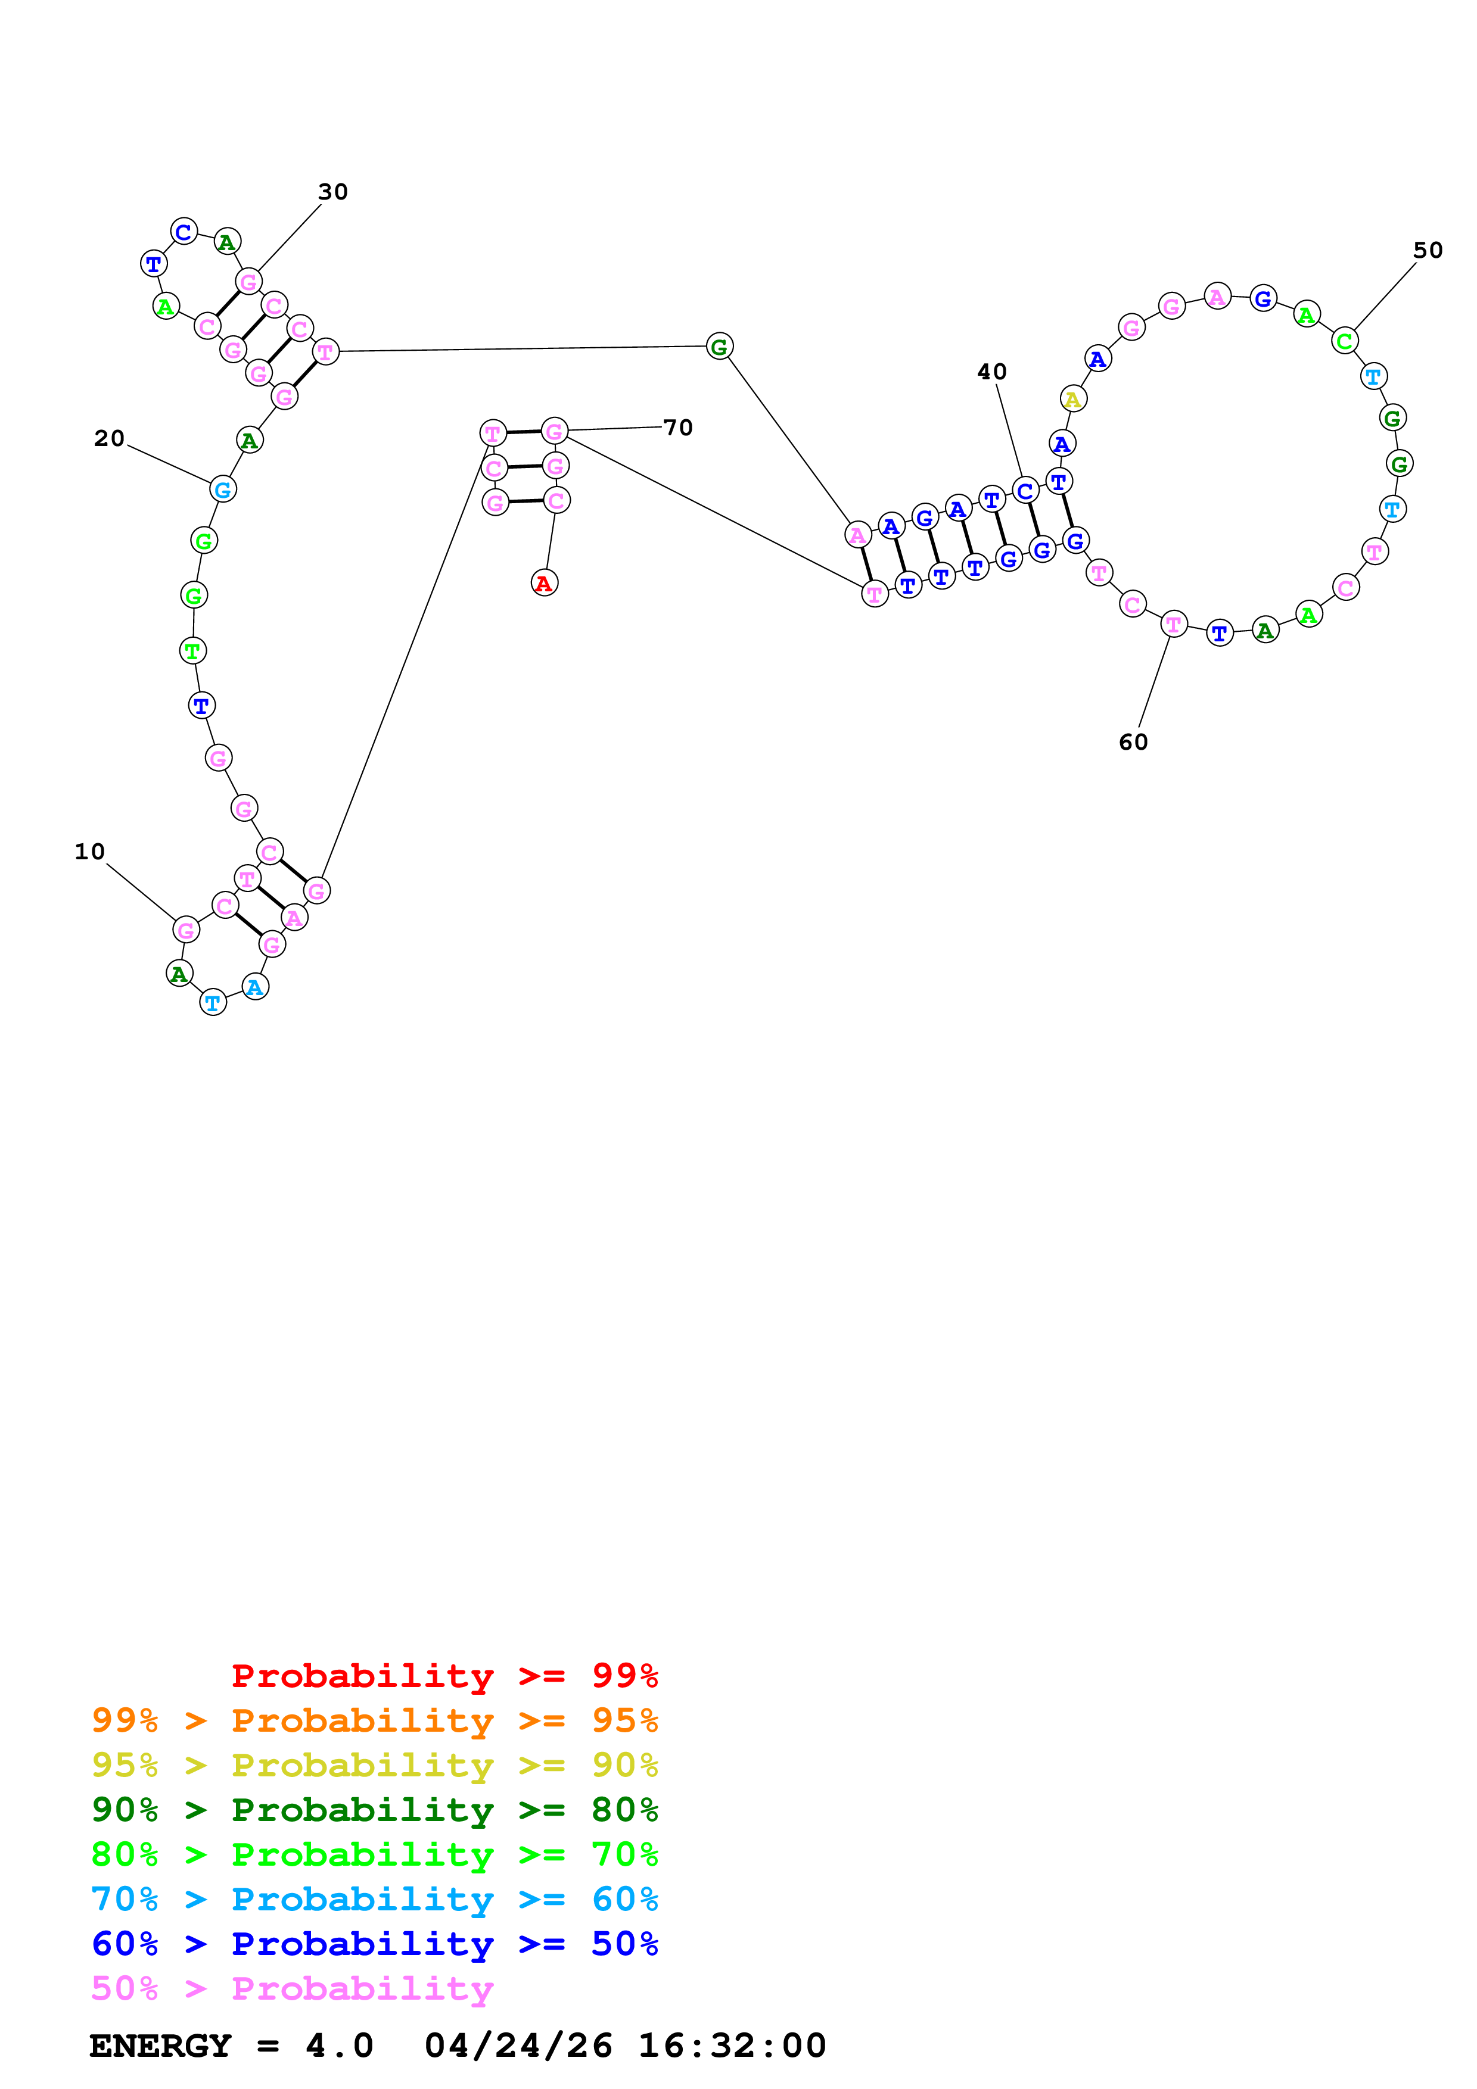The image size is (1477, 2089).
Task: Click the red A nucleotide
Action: (544, 583)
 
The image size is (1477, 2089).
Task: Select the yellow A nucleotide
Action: (1073, 398)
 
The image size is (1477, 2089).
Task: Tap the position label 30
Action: (333, 192)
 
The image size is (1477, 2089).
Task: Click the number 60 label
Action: (1133, 743)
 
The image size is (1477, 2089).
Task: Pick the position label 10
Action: (90, 852)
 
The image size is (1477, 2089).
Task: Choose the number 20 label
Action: (109, 438)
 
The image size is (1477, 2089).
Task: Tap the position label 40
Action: (992, 372)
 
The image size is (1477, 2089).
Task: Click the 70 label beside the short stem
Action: (678, 428)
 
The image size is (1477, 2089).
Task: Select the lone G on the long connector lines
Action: (719, 347)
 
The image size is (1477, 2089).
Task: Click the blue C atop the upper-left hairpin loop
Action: (184, 232)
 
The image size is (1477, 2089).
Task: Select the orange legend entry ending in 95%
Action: (374, 1720)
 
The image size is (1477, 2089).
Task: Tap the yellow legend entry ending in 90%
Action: (374, 1765)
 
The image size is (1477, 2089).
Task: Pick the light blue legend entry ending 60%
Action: (374, 1899)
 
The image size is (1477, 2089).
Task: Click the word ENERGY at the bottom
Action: (160, 2046)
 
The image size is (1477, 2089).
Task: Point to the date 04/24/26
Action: (518, 2046)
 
